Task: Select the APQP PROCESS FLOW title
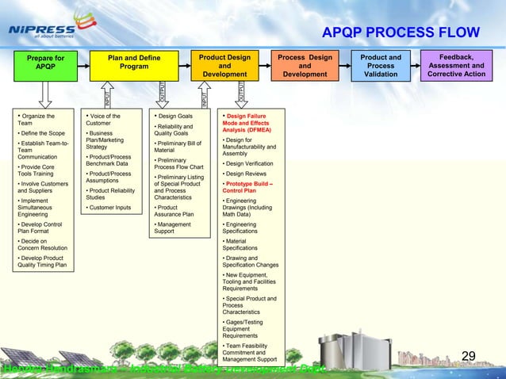click(x=401, y=33)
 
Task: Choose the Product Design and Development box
click(x=224, y=66)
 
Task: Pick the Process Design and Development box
click(x=305, y=66)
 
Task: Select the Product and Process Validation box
click(x=380, y=66)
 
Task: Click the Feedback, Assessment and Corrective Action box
click(x=456, y=66)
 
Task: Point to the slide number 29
click(x=468, y=356)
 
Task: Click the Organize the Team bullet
click(x=36, y=120)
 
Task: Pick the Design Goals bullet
click(x=176, y=117)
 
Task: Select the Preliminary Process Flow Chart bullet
click(x=178, y=163)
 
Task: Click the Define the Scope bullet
click(x=40, y=133)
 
